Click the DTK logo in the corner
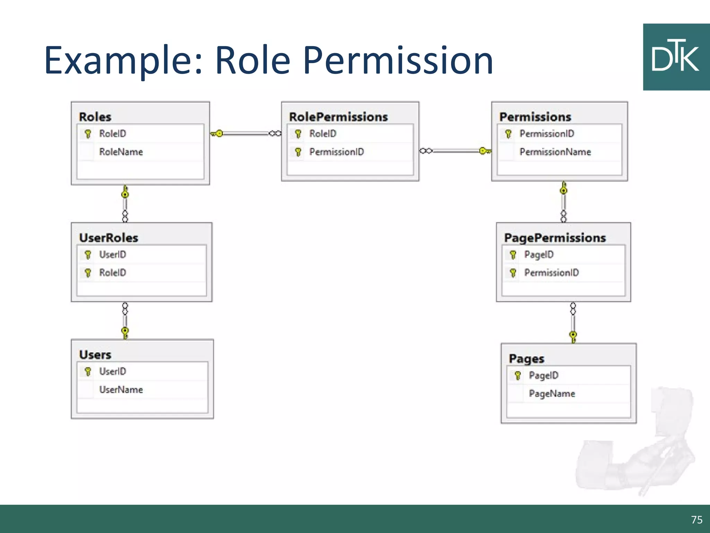676,57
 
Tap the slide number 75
696,519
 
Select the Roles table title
95,117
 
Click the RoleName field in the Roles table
121,152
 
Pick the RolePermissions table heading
338,117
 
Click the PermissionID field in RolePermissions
337,152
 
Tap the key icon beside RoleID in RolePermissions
298,134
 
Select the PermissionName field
555,152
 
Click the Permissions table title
535,117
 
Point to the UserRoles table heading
109,238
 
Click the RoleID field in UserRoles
113,273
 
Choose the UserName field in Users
121,390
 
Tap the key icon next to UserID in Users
88,372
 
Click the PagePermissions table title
555,238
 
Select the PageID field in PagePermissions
539,255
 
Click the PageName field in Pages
552,394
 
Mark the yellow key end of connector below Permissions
564,189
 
